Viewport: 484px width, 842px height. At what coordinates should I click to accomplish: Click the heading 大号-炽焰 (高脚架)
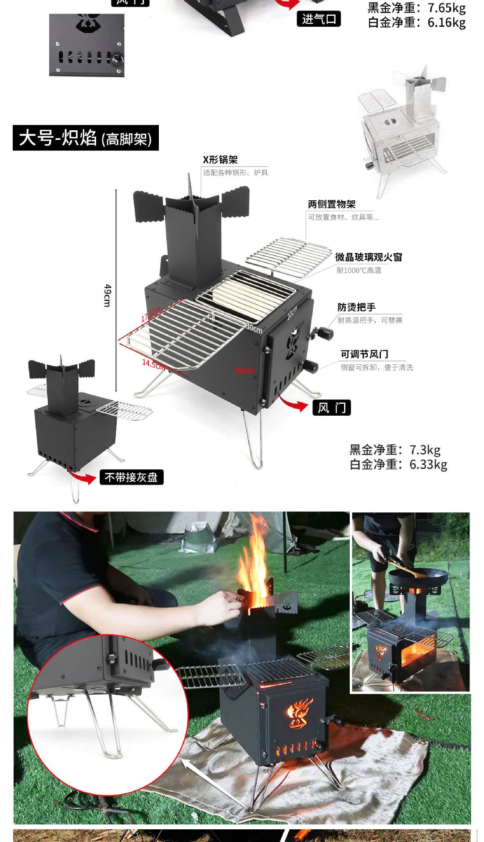pyautogui.click(x=86, y=138)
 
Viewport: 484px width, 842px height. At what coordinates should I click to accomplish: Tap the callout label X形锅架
pyautogui.click(x=220, y=160)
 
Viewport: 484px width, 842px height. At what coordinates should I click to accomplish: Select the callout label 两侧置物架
pyautogui.click(x=332, y=204)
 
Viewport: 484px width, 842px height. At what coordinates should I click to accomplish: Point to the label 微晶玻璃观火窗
pyautogui.click(x=369, y=257)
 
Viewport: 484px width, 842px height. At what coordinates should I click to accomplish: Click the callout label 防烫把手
pyautogui.click(x=356, y=307)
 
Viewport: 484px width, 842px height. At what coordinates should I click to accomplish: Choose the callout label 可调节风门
pyautogui.click(x=364, y=354)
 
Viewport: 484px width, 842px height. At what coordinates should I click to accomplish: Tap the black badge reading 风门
pyautogui.click(x=332, y=408)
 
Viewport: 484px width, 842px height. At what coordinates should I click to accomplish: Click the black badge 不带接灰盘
pyautogui.click(x=131, y=477)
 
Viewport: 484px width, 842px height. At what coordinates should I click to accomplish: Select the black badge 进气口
pyautogui.click(x=319, y=19)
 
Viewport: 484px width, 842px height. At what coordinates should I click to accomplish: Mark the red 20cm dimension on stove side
pyautogui.click(x=244, y=371)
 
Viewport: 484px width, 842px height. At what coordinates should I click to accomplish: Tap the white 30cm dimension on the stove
pyautogui.click(x=254, y=328)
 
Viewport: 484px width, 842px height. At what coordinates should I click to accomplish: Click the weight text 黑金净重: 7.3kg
pyautogui.click(x=395, y=450)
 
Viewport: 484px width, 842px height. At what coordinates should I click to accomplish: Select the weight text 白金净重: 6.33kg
pyautogui.click(x=398, y=464)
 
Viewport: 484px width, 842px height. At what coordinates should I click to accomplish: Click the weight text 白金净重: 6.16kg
pyautogui.click(x=416, y=22)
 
